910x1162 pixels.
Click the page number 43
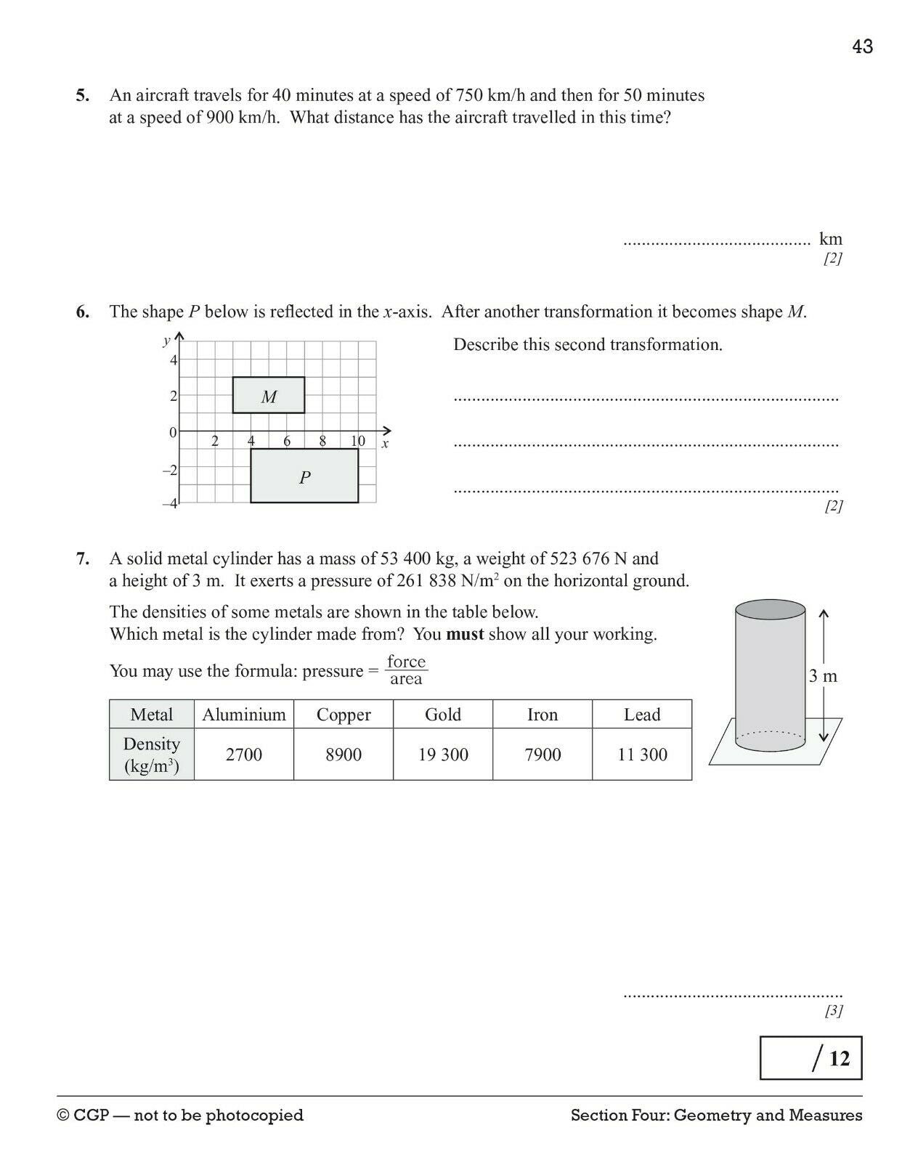pos(862,46)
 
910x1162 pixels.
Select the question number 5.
pos(83,95)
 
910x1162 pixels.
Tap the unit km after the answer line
pos(830,239)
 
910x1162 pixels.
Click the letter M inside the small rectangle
pos(269,397)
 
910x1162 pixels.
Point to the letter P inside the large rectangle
pos(305,477)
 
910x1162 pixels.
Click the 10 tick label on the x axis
pos(358,441)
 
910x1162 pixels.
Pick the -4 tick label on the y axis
pos(170,503)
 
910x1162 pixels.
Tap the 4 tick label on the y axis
pos(173,360)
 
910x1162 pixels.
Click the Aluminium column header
pos(244,715)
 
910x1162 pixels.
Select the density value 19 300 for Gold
pos(443,755)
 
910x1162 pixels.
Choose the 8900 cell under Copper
pos(344,755)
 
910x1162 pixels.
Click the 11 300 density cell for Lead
pos(642,755)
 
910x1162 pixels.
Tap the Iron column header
pos(543,715)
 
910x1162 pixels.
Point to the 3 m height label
pos(823,676)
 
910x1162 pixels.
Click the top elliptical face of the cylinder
pos(770,609)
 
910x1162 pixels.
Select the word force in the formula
pos(406,661)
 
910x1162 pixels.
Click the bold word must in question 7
pos(465,634)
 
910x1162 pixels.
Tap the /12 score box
pos(811,1058)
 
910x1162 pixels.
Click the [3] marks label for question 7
pos(833,1010)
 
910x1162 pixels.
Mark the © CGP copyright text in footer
pos(180,1115)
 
